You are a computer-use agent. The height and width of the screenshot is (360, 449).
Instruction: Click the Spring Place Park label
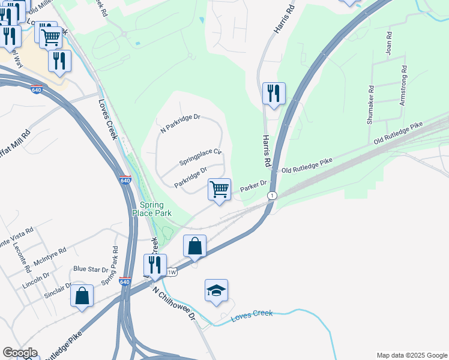pyautogui.click(x=152, y=208)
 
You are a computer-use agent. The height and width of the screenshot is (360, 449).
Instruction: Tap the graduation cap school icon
pyautogui.click(x=216, y=291)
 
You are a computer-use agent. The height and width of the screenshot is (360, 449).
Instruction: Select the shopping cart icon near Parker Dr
pyautogui.click(x=220, y=190)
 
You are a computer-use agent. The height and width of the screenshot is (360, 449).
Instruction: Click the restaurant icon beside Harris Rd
pyautogui.click(x=274, y=94)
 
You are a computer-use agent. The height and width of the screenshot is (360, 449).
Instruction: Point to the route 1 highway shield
pyautogui.click(x=273, y=196)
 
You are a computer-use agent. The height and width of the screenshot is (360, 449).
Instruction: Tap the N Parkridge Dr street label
pyautogui.click(x=180, y=123)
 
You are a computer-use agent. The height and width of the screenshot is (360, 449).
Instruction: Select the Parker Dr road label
pyautogui.click(x=253, y=187)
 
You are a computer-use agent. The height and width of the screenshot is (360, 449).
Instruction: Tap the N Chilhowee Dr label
pyautogui.click(x=175, y=304)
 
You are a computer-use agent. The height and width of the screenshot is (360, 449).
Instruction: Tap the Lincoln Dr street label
pyautogui.click(x=36, y=279)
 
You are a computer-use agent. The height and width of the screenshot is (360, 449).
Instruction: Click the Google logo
pyautogui.click(x=19, y=353)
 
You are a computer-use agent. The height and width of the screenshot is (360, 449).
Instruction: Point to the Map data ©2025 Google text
pyautogui.click(x=411, y=355)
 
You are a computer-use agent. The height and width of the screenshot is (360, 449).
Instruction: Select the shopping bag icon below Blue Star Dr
pyautogui.click(x=82, y=296)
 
